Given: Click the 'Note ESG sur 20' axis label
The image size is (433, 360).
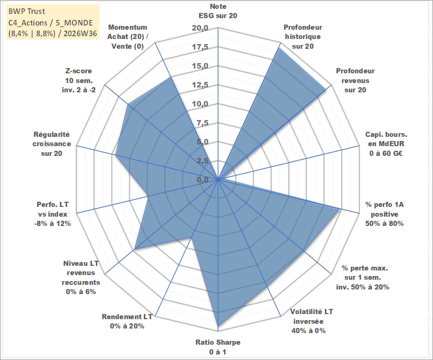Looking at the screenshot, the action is click(x=218, y=11).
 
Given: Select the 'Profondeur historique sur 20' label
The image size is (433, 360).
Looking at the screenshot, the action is click(x=303, y=37).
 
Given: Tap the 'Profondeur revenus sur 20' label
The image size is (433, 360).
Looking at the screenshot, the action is click(x=355, y=80).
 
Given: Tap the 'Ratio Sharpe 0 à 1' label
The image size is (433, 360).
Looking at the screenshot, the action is click(x=218, y=347).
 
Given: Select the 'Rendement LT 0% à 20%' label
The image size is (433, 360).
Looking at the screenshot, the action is click(x=127, y=321).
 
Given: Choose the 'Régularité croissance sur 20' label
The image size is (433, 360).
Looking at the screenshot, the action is click(x=52, y=144).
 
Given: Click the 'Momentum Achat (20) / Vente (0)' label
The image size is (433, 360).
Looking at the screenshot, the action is click(x=128, y=37).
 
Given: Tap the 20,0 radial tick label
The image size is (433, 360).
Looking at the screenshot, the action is click(x=200, y=28).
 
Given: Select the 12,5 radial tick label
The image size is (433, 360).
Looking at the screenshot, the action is click(x=200, y=85).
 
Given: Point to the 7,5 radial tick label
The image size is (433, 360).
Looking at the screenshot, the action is click(x=202, y=123).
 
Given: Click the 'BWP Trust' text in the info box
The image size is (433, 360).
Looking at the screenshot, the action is click(x=26, y=11).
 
